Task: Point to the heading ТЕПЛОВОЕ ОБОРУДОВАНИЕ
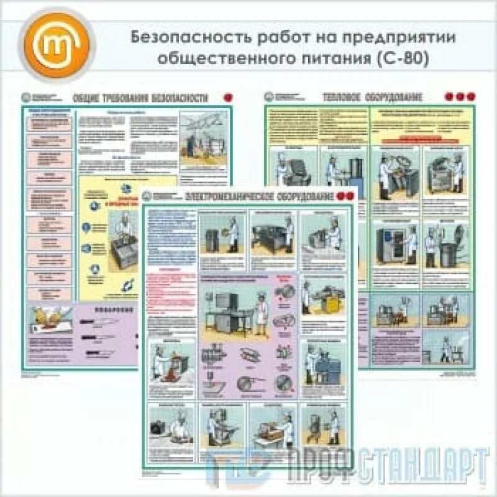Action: [x=373, y=97]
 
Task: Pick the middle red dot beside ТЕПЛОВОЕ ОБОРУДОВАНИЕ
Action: [x=460, y=97]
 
